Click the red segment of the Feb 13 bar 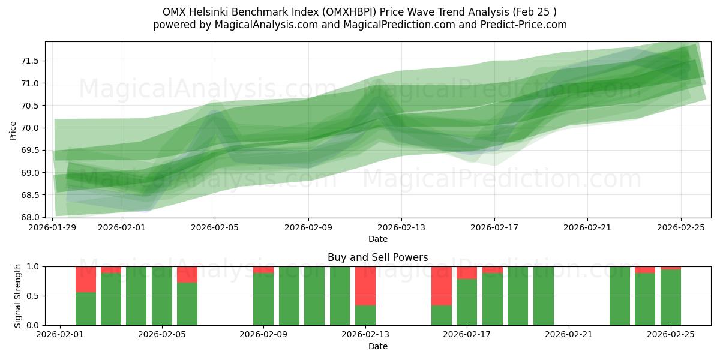pyautogui.click(x=365, y=286)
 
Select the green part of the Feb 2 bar pyautogui.click(x=86, y=308)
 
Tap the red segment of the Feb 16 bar pyautogui.click(x=442, y=286)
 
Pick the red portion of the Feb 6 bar pyautogui.click(x=187, y=274)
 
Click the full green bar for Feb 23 pyautogui.click(x=620, y=296)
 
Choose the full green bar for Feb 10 pyautogui.click(x=289, y=296)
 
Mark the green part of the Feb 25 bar pyautogui.click(x=671, y=297)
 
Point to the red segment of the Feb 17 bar pyautogui.click(x=467, y=272)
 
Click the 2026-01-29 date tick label pyautogui.click(x=53, y=227)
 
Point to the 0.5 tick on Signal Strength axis pyautogui.click(x=34, y=296)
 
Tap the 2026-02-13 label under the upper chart pyautogui.click(x=401, y=227)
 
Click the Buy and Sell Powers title pyautogui.click(x=377, y=257)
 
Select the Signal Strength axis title pyautogui.click(x=17, y=296)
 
